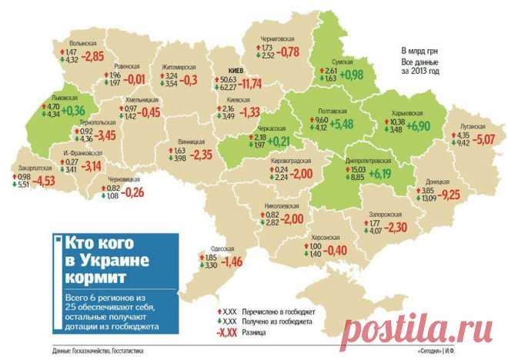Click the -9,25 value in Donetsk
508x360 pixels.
click(x=446, y=195)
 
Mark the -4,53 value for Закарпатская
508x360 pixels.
click(x=47, y=181)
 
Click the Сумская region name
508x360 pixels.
click(x=342, y=61)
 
